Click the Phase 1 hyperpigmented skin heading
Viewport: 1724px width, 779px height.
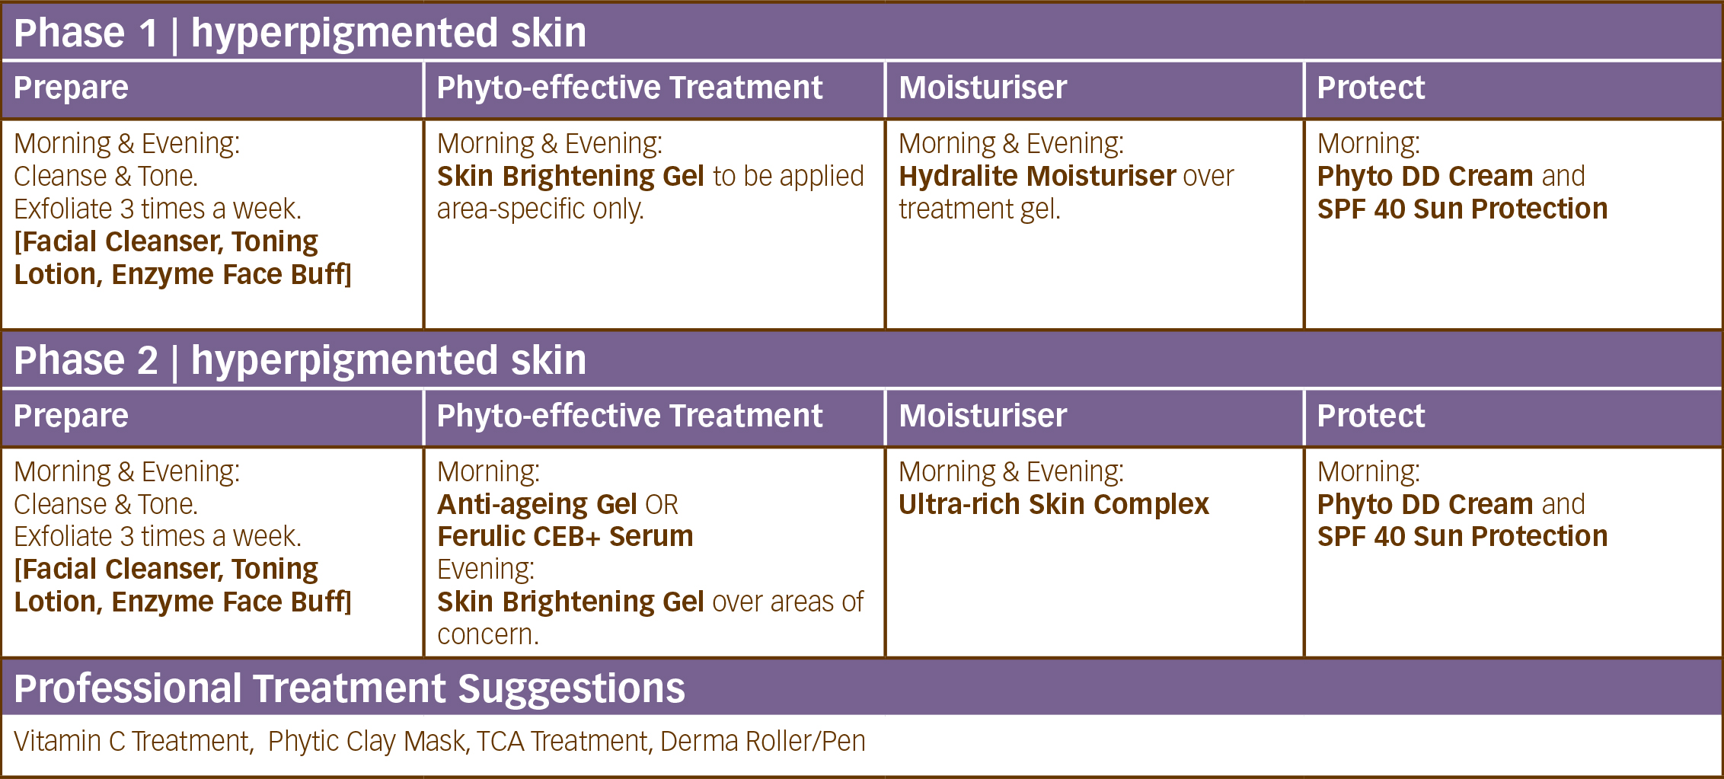(300, 34)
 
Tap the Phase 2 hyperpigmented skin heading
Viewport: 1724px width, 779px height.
(300, 361)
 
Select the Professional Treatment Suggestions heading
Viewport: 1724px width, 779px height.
(350, 689)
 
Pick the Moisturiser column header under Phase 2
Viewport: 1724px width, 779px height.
(983, 416)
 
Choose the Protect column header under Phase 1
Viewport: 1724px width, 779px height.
(1371, 88)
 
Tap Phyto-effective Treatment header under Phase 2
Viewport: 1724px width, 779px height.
(630, 416)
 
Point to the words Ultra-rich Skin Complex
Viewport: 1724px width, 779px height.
(1054, 504)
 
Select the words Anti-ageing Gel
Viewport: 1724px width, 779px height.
(537, 505)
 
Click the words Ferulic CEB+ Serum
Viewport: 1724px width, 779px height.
(565, 537)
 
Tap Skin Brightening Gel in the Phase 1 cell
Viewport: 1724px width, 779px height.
(570, 177)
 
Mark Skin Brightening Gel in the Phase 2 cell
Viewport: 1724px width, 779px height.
(570, 602)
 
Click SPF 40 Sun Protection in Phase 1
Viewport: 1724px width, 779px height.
(1462, 209)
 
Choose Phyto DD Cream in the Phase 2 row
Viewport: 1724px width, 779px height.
(1425, 504)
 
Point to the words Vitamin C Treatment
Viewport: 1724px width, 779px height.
(133, 742)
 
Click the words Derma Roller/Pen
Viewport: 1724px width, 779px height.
(762, 742)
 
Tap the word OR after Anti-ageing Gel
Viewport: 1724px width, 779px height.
(662, 505)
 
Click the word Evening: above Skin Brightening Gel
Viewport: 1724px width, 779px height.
(486, 570)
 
